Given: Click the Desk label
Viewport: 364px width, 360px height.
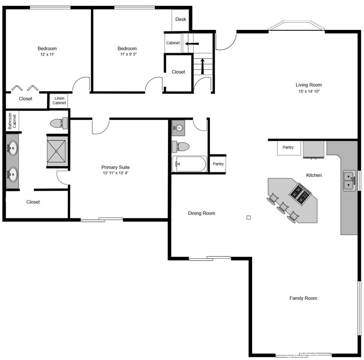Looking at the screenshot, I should coord(181,20).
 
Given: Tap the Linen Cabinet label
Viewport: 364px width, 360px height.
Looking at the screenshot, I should coord(59,101).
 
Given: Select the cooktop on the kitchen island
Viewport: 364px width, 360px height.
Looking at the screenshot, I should coord(299,194).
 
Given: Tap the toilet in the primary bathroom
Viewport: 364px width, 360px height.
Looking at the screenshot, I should coord(59,123).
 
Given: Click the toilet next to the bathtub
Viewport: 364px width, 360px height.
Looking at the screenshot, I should coord(181,146).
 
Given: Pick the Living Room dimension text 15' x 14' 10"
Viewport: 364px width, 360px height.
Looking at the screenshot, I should coord(309,92).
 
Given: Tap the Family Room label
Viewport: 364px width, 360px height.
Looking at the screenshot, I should coord(303,298).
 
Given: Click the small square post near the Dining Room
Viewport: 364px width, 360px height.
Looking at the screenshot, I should coord(248,218).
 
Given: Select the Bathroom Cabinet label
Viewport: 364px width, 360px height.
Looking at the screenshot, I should coord(12,120).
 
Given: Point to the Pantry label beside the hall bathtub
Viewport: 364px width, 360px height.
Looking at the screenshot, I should coord(218,164).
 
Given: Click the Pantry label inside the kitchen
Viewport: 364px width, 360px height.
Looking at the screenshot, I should coord(288,148).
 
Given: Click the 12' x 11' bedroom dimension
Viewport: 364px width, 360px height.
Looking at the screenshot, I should coord(47,54).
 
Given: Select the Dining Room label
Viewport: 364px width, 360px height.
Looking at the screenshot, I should coord(201,213).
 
